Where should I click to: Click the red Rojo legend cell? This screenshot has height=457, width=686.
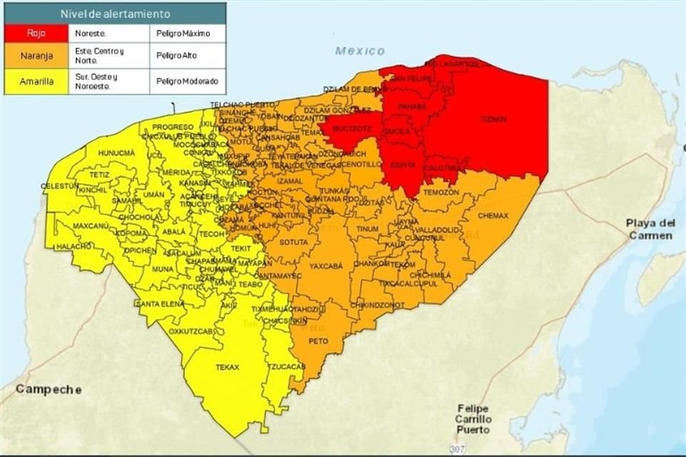pos(36,33)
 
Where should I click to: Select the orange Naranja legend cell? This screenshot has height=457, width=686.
pos(36,55)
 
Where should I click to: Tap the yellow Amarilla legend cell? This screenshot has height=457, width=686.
pos(36,81)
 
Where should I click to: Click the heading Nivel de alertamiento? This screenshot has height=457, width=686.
pos(115,14)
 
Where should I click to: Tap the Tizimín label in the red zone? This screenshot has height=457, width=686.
pos(493,119)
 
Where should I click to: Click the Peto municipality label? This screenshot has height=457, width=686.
pos(318,341)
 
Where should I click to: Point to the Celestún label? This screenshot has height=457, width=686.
pos(59,186)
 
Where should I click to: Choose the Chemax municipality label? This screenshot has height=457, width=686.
pos(492,215)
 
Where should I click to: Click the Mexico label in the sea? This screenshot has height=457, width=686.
pos(359,51)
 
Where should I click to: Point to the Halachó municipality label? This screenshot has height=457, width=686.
pos(74,246)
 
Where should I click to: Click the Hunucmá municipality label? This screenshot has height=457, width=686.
pos(116,154)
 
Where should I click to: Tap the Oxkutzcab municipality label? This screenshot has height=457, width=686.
pos(192,331)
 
